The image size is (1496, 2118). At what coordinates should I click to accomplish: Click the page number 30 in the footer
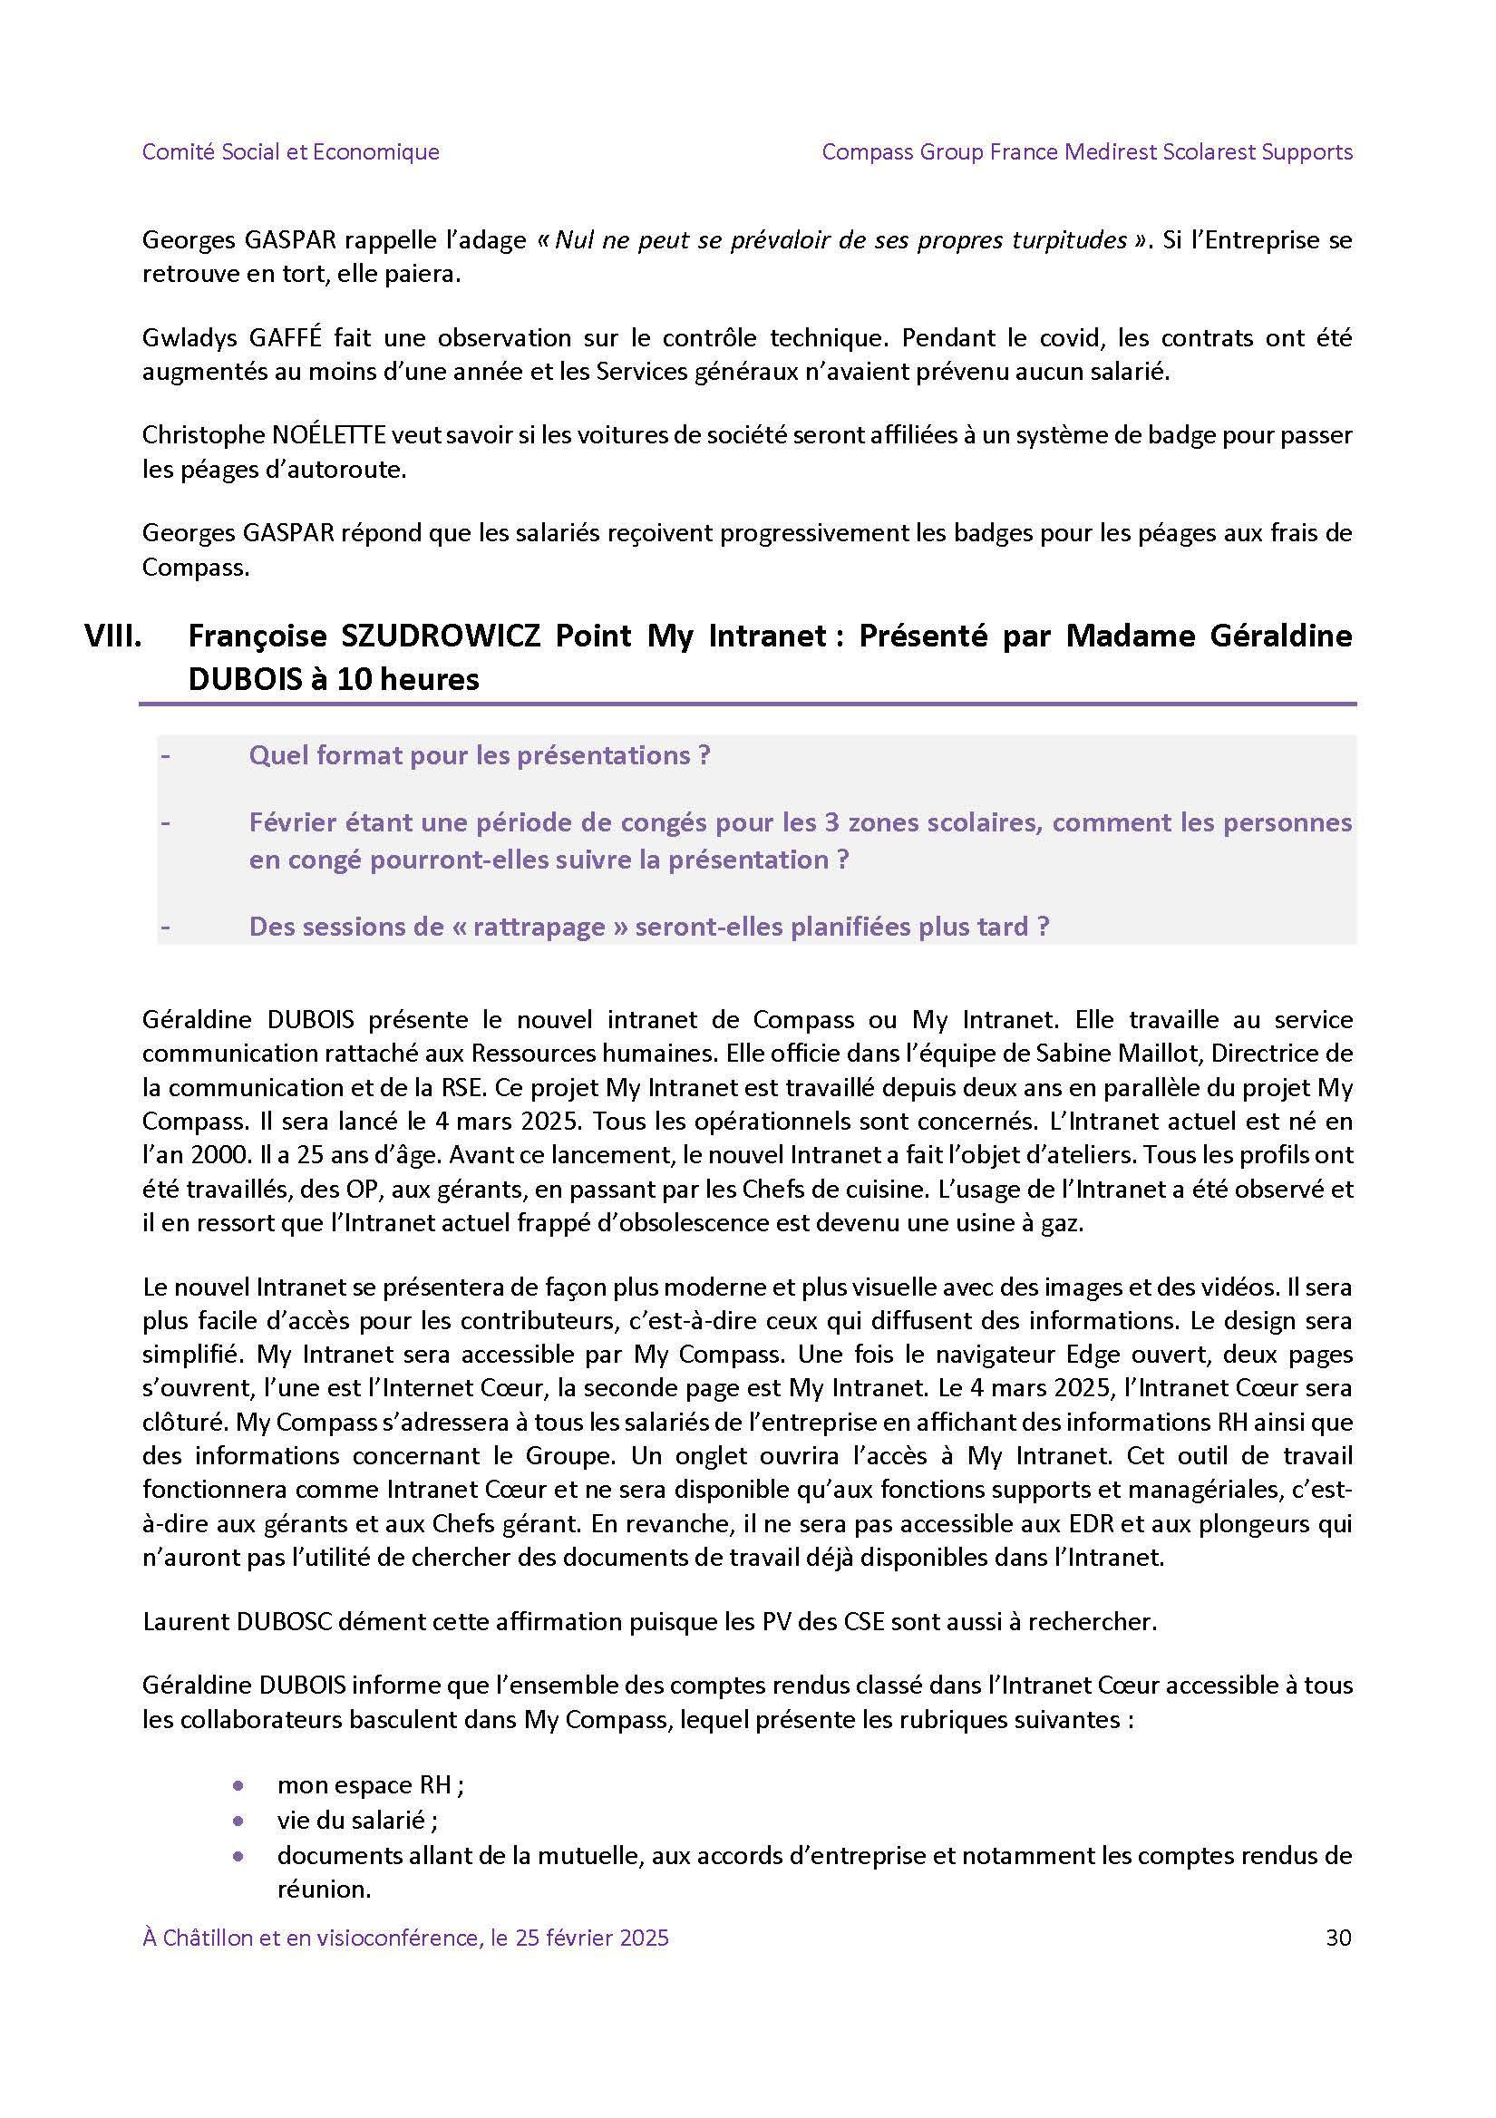(1337, 1938)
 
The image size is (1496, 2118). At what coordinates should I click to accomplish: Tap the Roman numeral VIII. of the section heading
(112, 636)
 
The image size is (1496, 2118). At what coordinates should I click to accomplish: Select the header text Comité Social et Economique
(290, 151)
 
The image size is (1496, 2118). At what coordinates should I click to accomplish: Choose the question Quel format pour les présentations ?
(480, 755)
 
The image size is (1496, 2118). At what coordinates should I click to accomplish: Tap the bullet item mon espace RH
(369, 1785)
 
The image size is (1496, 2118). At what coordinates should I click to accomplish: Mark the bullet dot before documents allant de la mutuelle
(239, 1855)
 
